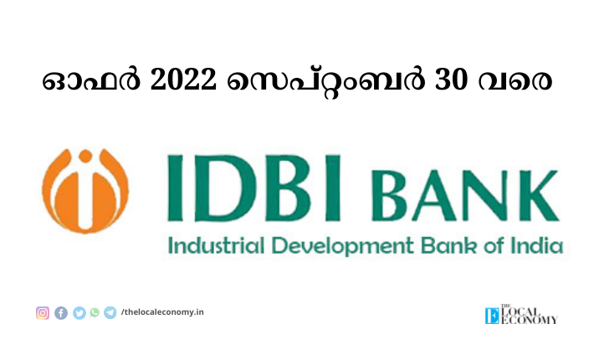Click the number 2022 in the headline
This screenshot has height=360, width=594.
pyautogui.click(x=184, y=80)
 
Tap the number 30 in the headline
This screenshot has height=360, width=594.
pyautogui.click(x=451, y=80)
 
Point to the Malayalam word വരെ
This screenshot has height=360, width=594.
pyautogui.click(x=515, y=81)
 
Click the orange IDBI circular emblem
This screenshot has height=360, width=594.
pyautogui.click(x=85, y=191)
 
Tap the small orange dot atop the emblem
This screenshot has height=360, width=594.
pyautogui.click(x=85, y=156)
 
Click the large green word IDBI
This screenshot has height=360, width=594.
pyautogui.click(x=253, y=188)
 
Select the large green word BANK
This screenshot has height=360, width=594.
pyautogui.click(x=465, y=196)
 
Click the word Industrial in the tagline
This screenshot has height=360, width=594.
pyautogui.click(x=216, y=246)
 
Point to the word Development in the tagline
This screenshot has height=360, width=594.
pyautogui.click(x=342, y=247)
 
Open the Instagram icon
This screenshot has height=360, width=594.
pyautogui.click(x=43, y=313)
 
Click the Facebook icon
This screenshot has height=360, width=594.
pyautogui.click(x=61, y=313)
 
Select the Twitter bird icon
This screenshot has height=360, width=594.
pyautogui.click(x=79, y=313)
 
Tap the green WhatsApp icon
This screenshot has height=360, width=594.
pyautogui.click(x=95, y=312)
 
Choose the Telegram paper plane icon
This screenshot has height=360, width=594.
pyautogui.click(x=110, y=312)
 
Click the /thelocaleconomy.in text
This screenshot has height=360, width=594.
pyautogui.click(x=162, y=312)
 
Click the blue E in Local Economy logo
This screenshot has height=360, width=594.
pyautogui.click(x=492, y=316)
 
